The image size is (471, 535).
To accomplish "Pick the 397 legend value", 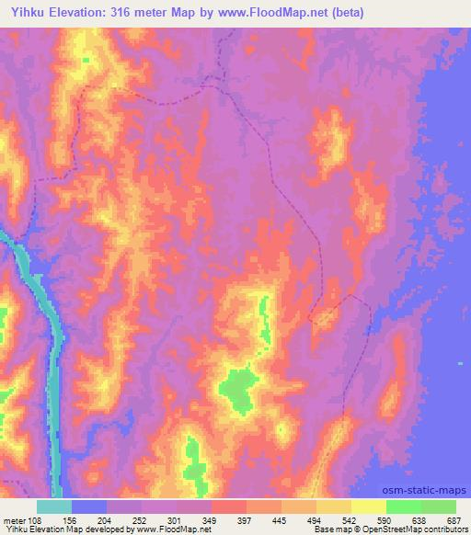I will point(247,519).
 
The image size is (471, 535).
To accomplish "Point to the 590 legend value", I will point(386,519).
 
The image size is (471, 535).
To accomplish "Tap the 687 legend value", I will point(455,519).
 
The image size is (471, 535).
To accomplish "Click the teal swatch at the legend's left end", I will point(54,507).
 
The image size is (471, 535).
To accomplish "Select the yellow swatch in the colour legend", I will point(369,507).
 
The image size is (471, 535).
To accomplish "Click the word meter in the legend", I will point(12,519).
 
